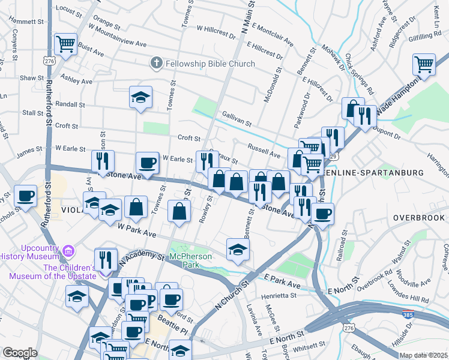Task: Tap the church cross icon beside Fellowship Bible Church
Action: (156, 63)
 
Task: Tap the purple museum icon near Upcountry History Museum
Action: (68, 251)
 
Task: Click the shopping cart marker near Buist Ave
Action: (65, 43)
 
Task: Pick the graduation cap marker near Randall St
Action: (140, 97)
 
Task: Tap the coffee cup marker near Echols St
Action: (26, 196)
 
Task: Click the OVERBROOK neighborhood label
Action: (418, 217)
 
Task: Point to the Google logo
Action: (19, 353)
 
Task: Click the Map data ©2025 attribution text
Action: (423, 355)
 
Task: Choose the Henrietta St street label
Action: (279, 296)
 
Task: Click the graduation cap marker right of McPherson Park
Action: (238, 250)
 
